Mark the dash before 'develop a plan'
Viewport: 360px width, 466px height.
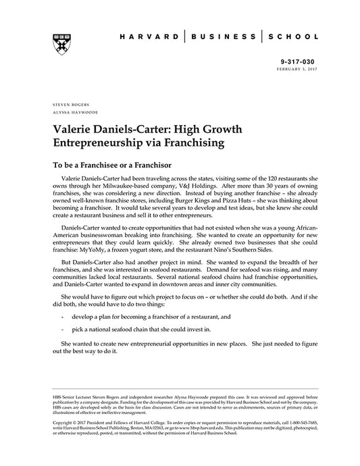coord(62,315)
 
